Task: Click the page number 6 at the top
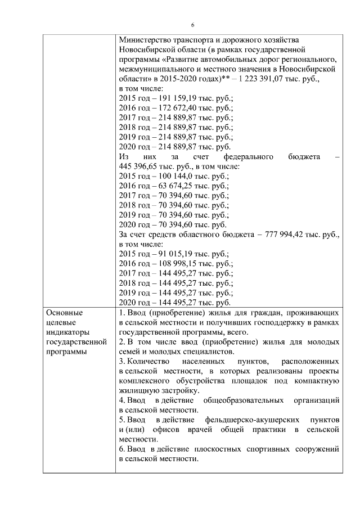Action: click(x=192, y=25)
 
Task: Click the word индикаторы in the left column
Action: click(x=68, y=331)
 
